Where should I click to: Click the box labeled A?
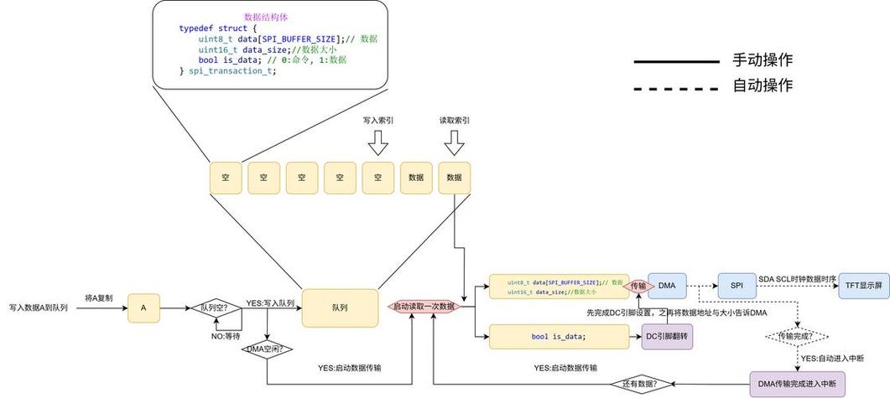pyautogui.click(x=143, y=308)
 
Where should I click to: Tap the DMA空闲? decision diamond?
pyautogui.click(x=266, y=348)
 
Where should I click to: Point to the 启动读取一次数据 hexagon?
pyautogui.click(x=424, y=307)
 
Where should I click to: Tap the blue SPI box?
pyautogui.click(x=736, y=286)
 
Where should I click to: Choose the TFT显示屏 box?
pyautogui.click(x=863, y=286)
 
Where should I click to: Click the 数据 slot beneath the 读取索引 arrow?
pyautogui.click(x=455, y=178)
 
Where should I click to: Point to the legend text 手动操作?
pyautogui.click(x=762, y=60)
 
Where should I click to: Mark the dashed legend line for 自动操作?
pyautogui.click(x=676, y=86)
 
